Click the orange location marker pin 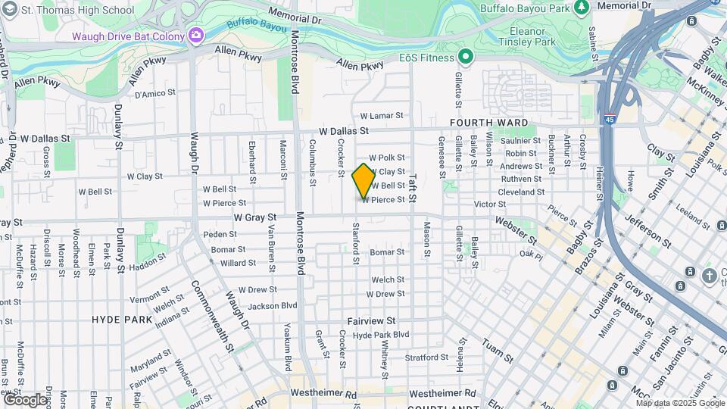pos(363,180)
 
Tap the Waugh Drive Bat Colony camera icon pos(196,36)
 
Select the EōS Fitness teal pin pos(465,57)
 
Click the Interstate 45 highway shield pos(610,119)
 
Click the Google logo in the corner pos(24,399)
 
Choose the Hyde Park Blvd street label pos(381,334)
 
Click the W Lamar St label pos(382,116)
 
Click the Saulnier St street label pos(521,141)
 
